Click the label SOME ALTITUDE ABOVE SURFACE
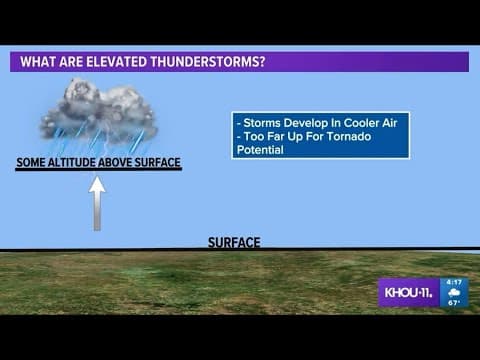coord(98,162)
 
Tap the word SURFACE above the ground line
coord(234,242)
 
